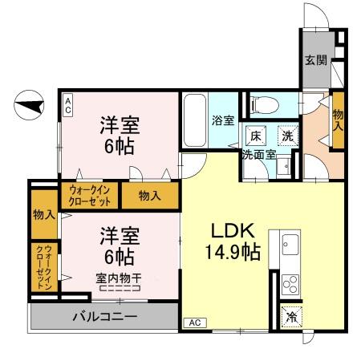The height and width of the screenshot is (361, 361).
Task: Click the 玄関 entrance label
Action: point(316,59)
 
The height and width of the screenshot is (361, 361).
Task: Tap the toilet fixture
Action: point(262,104)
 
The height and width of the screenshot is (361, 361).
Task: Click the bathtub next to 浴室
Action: point(194,120)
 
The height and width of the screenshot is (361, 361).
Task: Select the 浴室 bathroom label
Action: point(222,121)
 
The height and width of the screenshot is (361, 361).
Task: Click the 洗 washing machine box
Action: point(286,136)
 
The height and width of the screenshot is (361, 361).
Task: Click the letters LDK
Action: point(228,228)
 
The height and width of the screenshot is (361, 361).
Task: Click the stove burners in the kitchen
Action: point(289,284)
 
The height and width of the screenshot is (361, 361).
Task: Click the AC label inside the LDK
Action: point(194,322)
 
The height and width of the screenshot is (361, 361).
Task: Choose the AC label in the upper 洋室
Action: point(68,103)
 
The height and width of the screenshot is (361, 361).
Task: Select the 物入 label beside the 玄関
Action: point(338,120)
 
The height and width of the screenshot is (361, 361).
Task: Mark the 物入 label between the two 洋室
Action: point(149,195)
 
